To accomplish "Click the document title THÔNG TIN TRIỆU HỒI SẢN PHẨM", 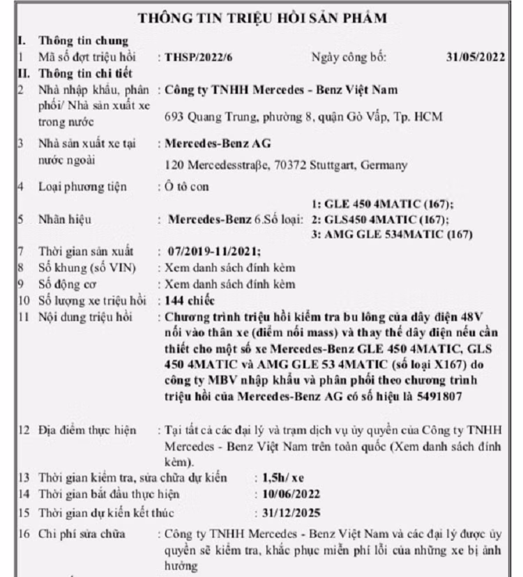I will pos(261,18).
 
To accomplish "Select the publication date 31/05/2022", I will pos(475,57).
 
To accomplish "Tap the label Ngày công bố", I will pos(348,57).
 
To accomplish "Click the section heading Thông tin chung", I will pos(84,42).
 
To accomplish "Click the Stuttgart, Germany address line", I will pos(286,165).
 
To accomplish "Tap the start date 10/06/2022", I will pos(290,494).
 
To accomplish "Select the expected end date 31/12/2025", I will pos(290,514).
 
